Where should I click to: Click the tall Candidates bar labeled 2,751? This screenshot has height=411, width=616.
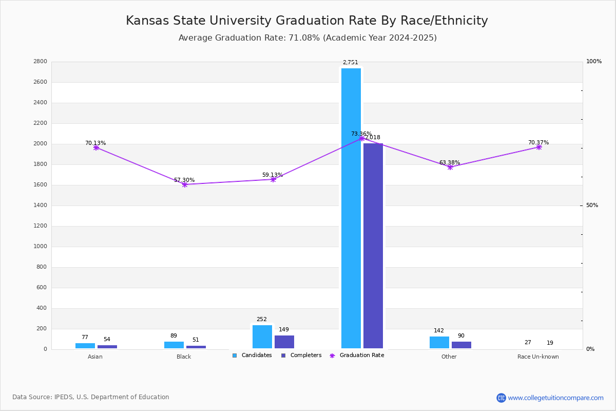point(351,208)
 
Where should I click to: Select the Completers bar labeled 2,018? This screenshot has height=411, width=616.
point(373,246)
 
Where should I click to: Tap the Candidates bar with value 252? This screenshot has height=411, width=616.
point(262,337)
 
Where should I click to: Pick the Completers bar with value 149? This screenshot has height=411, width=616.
point(284,342)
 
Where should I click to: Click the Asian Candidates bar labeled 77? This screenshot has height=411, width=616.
point(85,346)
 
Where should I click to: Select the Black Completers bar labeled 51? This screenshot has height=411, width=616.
point(196,347)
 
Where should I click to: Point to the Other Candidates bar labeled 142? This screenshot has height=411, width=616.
point(439,343)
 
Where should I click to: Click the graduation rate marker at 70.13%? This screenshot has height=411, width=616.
point(96,147)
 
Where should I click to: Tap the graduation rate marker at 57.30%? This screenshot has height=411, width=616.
point(185,184)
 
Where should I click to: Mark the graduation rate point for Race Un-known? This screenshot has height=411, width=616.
point(539,147)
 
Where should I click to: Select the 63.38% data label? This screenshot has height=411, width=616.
point(450,163)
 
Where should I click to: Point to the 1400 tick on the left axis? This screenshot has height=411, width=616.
point(41,206)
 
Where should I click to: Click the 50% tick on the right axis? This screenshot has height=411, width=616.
point(592,206)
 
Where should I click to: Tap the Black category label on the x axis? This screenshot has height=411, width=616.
point(184,357)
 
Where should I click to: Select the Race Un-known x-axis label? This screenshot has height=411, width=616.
point(538,357)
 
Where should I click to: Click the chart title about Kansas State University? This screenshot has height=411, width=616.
point(307,21)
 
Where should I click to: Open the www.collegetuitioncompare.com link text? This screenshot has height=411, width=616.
point(555,398)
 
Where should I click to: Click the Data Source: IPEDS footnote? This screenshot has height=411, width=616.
point(91,397)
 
